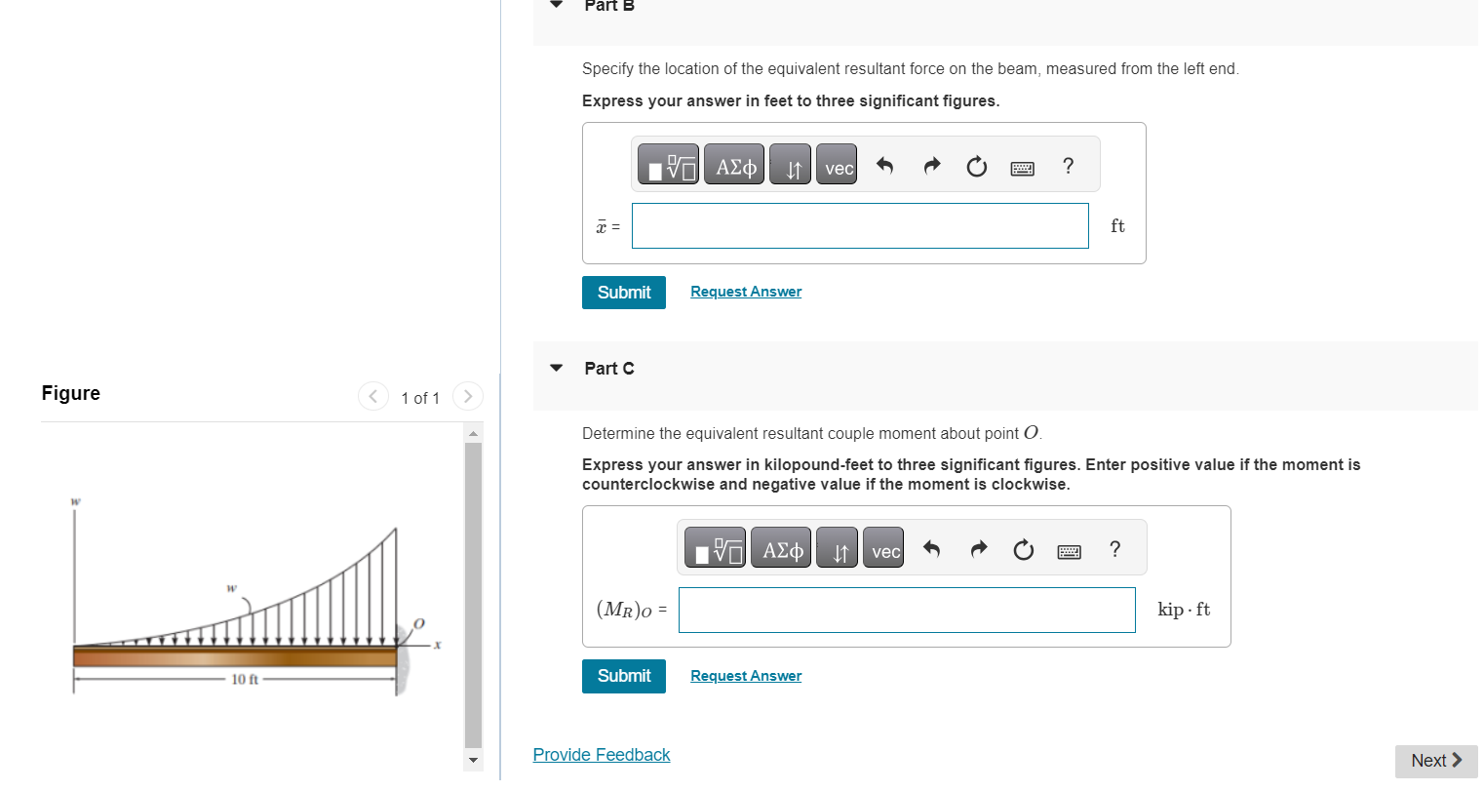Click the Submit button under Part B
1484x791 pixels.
(623, 293)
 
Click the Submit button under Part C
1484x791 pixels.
(623, 676)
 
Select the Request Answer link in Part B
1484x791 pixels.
(746, 292)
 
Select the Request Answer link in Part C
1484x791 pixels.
(746, 676)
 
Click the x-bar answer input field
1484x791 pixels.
(859, 226)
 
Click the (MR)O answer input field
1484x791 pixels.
(906, 610)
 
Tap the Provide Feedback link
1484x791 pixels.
(601, 755)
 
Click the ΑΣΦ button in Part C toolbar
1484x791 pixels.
(782, 551)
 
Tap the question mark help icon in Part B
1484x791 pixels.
(1068, 167)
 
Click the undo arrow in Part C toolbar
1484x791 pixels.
(931, 550)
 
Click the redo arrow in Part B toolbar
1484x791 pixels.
(931, 167)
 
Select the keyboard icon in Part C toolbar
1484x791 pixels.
(1069, 552)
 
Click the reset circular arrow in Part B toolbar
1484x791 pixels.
(976, 168)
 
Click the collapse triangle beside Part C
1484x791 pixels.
(557, 368)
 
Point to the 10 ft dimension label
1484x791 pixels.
(245, 680)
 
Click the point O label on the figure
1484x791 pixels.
(419, 622)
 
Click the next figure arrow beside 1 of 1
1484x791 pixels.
(468, 396)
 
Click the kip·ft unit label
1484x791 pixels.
(1183, 610)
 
